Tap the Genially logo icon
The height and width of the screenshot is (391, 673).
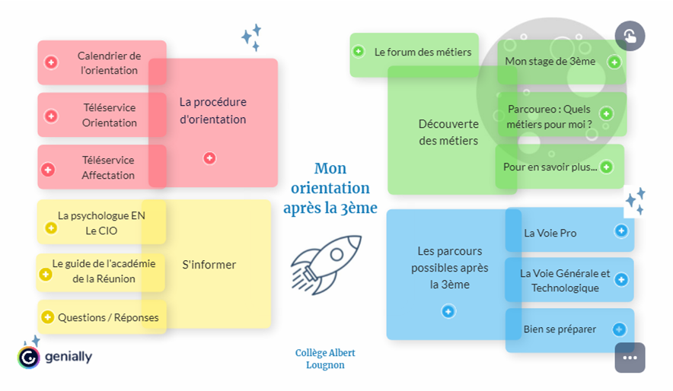[x=29, y=357]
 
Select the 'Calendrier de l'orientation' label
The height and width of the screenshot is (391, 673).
[x=109, y=63]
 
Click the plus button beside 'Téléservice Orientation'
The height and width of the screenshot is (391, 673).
[x=51, y=116]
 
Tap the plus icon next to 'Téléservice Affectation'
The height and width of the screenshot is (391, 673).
[x=48, y=169]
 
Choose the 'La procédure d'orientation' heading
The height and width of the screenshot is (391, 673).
[x=212, y=110]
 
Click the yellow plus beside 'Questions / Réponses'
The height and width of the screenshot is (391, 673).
[x=47, y=316]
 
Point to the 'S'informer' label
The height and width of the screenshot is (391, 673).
[x=209, y=265]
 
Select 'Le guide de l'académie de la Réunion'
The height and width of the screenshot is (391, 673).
[x=104, y=271]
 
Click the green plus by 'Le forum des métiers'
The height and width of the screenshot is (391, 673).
[x=359, y=52]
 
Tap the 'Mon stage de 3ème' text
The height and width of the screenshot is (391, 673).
[x=550, y=61]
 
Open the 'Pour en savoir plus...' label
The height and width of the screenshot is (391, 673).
[x=550, y=167]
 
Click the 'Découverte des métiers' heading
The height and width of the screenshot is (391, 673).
[x=448, y=132]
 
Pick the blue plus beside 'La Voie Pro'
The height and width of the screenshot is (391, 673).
[x=620, y=230]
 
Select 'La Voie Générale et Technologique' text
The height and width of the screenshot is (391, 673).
[x=565, y=280]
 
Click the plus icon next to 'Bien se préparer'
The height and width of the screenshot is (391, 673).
[x=620, y=329]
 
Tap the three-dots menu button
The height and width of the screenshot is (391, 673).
[x=630, y=358]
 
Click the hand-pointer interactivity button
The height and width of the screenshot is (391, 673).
[x=630, y=36]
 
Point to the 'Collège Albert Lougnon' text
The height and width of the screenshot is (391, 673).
[x=325, y=359]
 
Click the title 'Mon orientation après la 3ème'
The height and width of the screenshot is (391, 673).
[x=330, y=188]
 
